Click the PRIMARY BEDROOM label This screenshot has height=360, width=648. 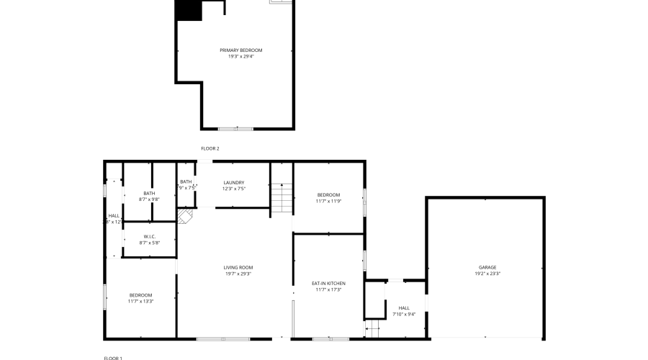tap(241, 50)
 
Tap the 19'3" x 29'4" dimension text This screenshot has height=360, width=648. tap(241, 55)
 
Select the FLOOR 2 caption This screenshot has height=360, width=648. tap(210, 148)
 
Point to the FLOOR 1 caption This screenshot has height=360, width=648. tap(113, 357)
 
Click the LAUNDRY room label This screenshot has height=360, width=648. tap(234, 182)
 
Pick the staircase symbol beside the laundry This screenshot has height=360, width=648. tap(282, 197)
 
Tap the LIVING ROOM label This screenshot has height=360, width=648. tap(238, 267)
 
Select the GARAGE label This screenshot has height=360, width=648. tap(487, 267)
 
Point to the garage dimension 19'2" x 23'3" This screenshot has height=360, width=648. tap(487, 274)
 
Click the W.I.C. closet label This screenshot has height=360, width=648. tap(149, 236)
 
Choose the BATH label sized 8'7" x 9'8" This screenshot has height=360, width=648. tap(149, 193)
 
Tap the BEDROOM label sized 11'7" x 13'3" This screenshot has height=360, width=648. tap(140, 294)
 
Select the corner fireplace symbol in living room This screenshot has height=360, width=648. tap(186, 216)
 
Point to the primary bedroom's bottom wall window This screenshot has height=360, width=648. tap(236, 128)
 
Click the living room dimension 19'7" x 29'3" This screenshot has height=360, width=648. tap(238, 274)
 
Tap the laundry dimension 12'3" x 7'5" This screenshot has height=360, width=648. tap(234, 189)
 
